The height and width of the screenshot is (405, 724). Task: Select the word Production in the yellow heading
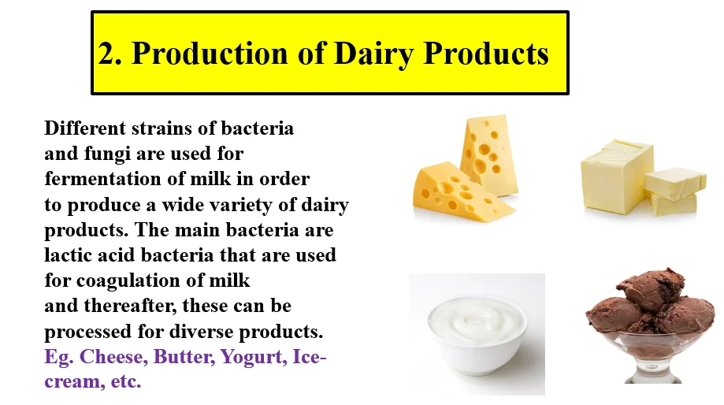click(210, 53)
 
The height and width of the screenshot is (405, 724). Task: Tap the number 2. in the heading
click(110, 53)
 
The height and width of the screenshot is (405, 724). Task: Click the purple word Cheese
click(113, 356)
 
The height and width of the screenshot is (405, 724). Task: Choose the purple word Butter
click(184, 356)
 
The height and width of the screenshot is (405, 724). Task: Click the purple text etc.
click(125, 382)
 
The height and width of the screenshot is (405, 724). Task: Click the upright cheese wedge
click(489, 154)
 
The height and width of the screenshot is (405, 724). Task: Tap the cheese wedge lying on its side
click(461, 191)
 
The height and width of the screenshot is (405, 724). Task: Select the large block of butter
click(617, 176)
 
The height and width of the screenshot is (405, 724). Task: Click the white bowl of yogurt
click(477, 333)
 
